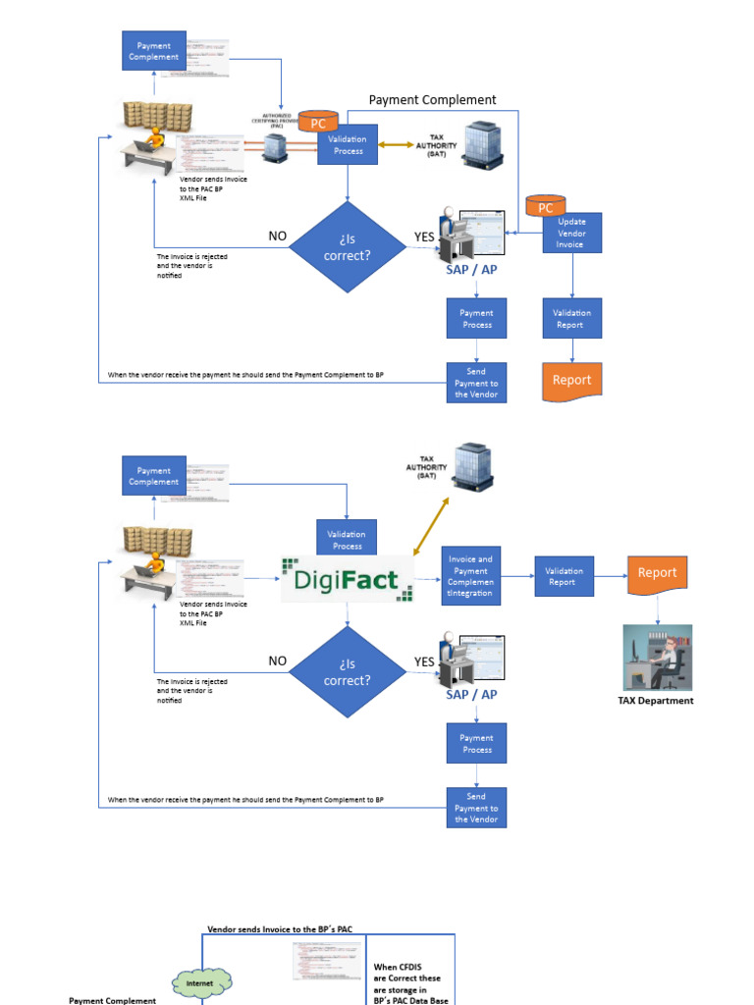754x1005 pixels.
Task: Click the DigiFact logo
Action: (347, 579)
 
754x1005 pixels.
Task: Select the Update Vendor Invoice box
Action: (571, 234)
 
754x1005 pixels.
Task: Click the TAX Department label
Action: (656, 701)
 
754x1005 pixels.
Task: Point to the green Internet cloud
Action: (199, 981)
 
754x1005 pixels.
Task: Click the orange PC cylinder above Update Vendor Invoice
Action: (545, 207)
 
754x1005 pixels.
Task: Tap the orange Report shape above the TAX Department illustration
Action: (657, 573)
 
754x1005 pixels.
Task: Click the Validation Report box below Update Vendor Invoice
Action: (570, 319)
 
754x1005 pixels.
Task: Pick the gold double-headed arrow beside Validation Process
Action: (397, 144)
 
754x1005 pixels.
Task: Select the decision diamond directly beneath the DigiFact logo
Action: (348, 671)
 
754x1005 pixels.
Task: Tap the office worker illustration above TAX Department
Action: (657, 658)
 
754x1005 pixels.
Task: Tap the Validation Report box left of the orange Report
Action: (565, 576)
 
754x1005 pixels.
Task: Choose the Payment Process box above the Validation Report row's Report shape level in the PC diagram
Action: (477, 319)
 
